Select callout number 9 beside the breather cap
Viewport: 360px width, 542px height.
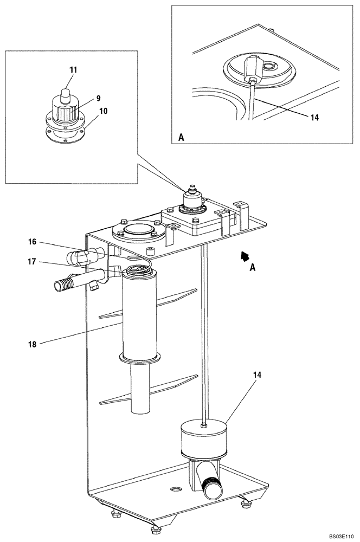98,98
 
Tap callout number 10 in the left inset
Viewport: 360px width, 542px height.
103,111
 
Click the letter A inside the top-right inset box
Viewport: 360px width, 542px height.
182,138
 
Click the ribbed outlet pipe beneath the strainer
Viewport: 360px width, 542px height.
212,483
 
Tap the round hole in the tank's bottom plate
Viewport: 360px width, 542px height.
176,489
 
